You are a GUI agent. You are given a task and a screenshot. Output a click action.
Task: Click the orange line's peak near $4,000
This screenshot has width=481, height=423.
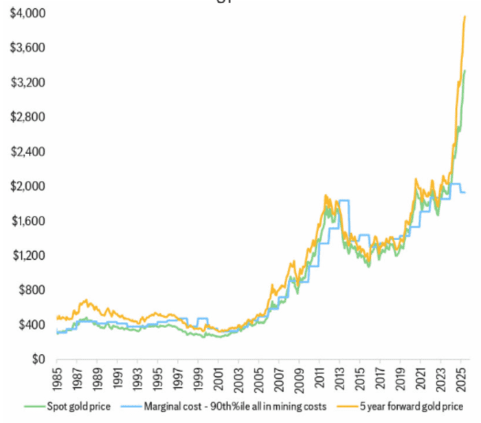(x=465, y=17)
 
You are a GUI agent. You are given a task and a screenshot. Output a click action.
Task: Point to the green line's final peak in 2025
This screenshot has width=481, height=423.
(x=465, y=71)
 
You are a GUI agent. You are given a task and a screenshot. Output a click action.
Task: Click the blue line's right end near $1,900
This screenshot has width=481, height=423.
(x=465, y=192)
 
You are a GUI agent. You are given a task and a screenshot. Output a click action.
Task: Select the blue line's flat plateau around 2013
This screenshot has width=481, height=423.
(x=344, y=200)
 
